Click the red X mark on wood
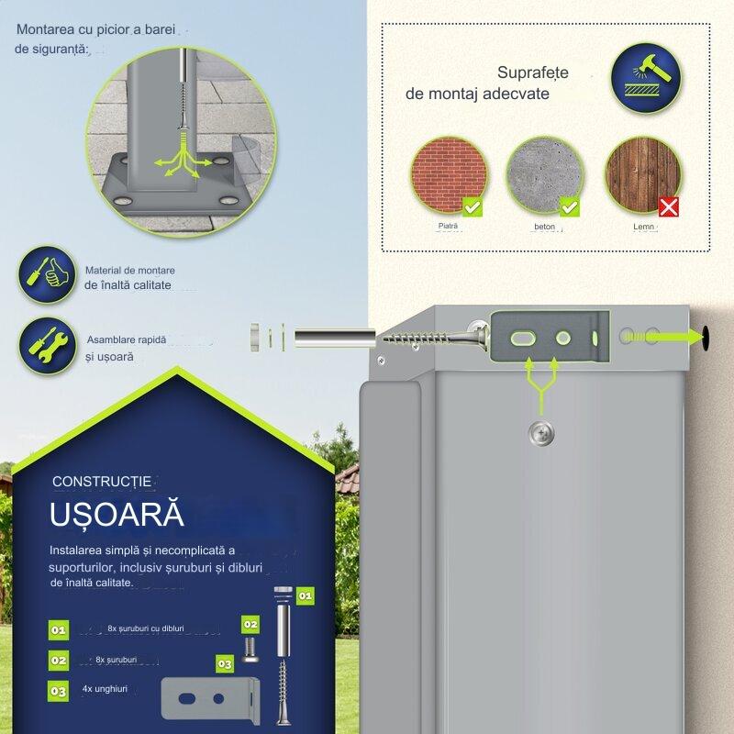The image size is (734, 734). (x=669, y=207)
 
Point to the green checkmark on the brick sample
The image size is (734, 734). (x=472, y=207)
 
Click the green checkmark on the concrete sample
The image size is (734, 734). (x=570, y=207)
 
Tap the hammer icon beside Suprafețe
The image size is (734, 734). (x=646, y=78)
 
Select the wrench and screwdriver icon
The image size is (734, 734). (x=46, y=345)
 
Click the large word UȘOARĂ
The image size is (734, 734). (x=117, y=514)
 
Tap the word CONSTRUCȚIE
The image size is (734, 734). (x=103, y=481)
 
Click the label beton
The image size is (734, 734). (x=545, y=226)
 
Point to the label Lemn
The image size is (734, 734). (x=644, y=226)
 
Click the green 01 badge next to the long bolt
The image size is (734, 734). (x=306, y=595)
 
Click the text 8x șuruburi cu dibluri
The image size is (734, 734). (x=145, y=628)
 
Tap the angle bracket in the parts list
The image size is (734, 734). (x=209, y=698)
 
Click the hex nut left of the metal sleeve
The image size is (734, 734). (x=254, y=338)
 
